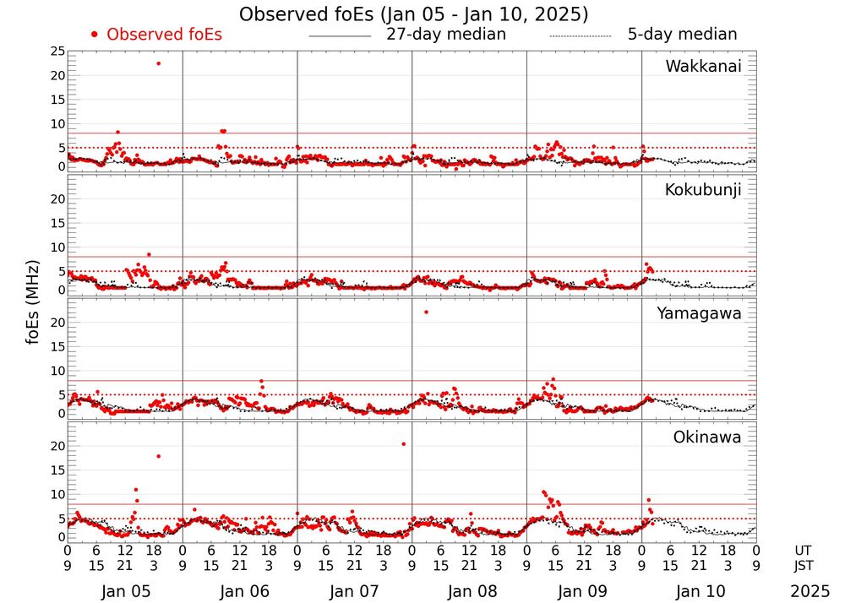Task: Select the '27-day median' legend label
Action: tap(445, 35)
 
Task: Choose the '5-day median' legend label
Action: tap(682, 35)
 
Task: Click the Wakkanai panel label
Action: tap(703, 67)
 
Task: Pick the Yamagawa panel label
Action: tap(699, 313)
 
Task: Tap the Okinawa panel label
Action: tap(706, 437)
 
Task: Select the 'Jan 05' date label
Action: tap(125, 591)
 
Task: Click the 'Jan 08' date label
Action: tap(470, 591)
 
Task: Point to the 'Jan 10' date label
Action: tap(699, 591)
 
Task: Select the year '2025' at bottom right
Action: tap(810, 591)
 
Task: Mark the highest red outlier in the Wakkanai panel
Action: tap(158, 63)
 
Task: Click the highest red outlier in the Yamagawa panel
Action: tap(426, 312)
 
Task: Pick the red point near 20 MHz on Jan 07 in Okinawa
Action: tap(403, 443)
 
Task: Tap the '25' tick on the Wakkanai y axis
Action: tap(57, 52)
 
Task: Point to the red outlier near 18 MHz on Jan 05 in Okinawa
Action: tap(158, 456)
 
